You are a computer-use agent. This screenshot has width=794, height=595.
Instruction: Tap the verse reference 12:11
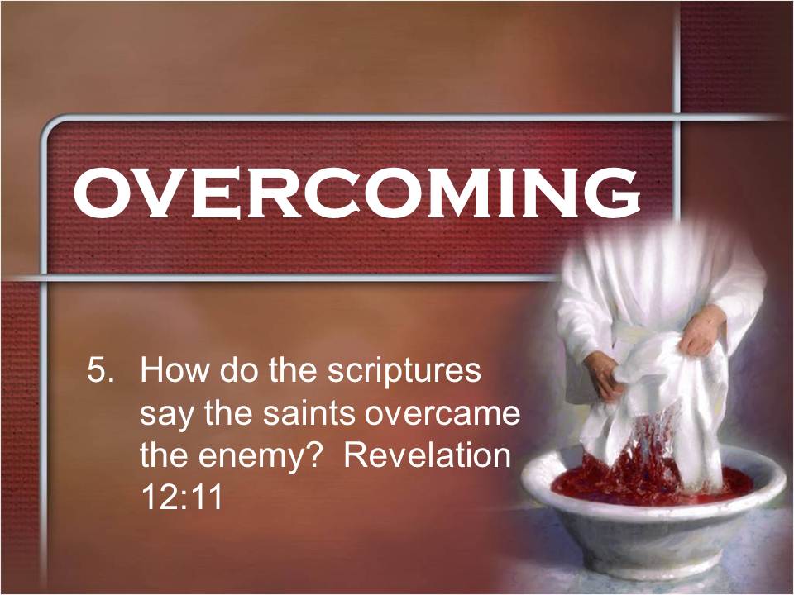pos(182,497)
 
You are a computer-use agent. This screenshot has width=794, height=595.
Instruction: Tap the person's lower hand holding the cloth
pos(605,375)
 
